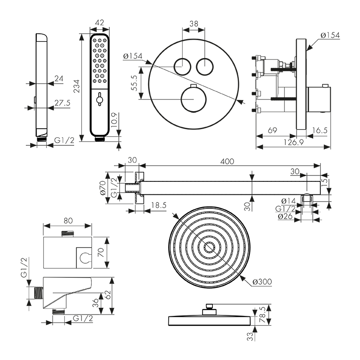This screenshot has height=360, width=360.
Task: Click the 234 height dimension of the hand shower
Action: (x=76, y=85)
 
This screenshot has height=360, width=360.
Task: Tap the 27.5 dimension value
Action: (x=62, y=103)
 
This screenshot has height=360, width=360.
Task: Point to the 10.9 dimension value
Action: (x=115, y=121)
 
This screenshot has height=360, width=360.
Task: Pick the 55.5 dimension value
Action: (x=135, y=84)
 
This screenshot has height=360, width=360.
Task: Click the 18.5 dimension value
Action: (x=158, y=205)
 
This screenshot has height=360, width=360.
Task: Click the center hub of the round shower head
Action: (x=209, y=247)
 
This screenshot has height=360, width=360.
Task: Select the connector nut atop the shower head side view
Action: (x=209, y=307)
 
